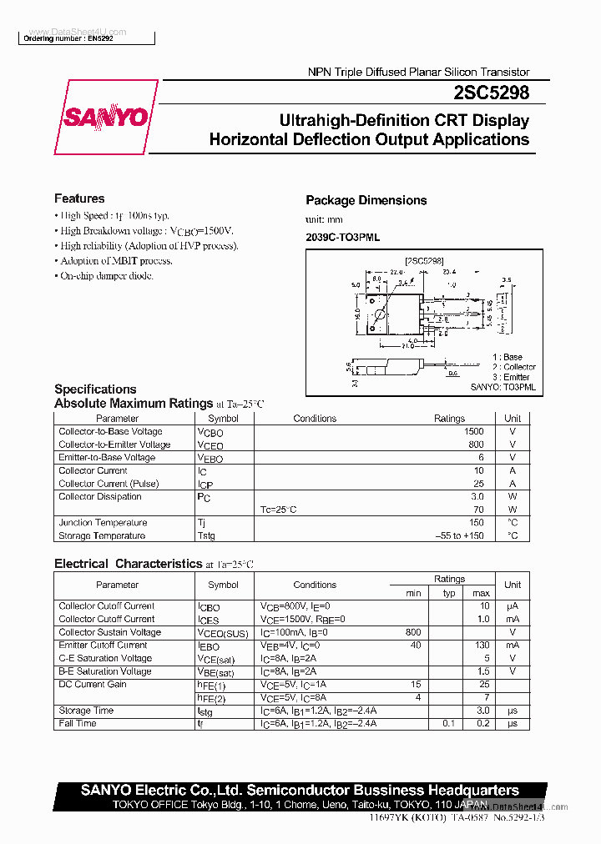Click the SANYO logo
106,117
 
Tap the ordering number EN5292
68,39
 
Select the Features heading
79,198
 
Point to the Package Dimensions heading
366,200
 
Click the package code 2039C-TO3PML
342,238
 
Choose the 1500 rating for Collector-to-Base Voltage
473,432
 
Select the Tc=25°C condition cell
279,510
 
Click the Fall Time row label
78,724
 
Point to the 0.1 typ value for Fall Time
449,724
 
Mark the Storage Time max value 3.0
482,711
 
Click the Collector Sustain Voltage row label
110,632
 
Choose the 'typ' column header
449,593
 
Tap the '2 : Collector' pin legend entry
513,367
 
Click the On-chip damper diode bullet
107,276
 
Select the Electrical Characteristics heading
129,564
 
